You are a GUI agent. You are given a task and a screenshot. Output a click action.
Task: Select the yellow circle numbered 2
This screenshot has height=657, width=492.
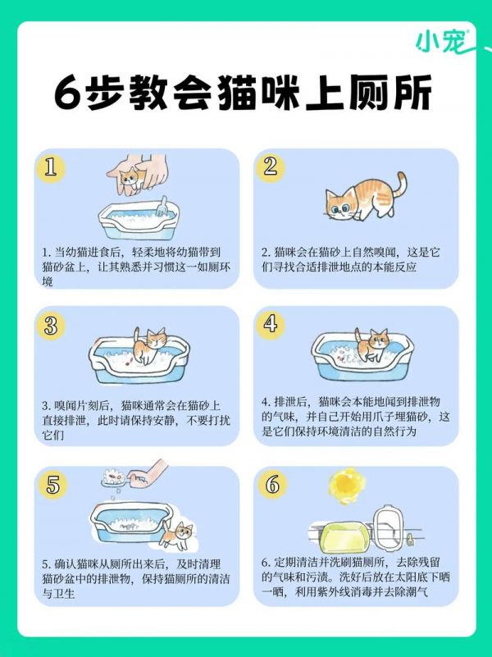pos(270,167)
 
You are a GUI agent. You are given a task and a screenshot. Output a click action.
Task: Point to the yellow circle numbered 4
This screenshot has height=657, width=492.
pos(270,325)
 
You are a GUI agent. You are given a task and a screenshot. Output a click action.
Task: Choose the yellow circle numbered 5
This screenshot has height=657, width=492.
pos(52,485)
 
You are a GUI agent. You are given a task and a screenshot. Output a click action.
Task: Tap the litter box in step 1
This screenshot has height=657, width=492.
pos(134,219)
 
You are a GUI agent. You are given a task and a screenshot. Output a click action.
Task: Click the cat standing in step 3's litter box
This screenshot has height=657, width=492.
pos(149,345)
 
